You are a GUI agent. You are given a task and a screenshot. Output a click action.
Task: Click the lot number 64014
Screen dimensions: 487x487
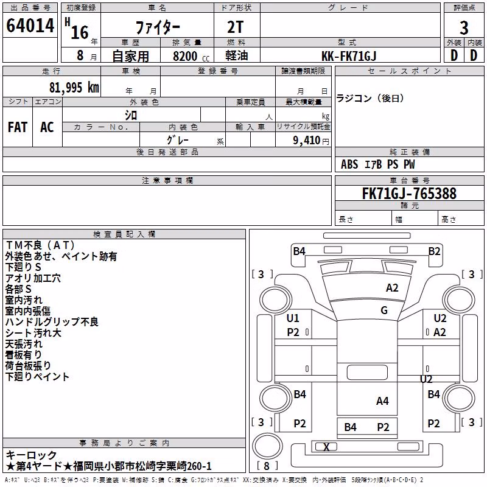[30, 26]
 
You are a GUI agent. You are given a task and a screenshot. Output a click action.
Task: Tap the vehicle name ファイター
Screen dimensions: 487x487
[158, 27]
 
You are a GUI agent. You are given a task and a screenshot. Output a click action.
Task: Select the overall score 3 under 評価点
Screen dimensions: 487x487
[464, 28]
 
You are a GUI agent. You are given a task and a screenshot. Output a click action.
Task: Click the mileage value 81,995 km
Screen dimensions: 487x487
[74, 88]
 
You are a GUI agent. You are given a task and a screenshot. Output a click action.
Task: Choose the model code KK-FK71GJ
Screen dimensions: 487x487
[349, 56]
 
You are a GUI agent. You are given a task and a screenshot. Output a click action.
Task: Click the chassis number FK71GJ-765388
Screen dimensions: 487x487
[409, 193]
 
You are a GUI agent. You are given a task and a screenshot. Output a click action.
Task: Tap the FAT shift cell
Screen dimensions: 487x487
[18, 127]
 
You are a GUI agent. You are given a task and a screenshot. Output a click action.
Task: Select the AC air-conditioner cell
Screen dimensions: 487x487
[47, 127]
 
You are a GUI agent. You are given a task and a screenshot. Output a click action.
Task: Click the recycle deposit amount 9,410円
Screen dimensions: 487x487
[311, 141]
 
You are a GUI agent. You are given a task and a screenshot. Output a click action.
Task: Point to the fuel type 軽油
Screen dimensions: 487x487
[237, 55]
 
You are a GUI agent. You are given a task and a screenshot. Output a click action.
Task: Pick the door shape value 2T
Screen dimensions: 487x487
[236, 27]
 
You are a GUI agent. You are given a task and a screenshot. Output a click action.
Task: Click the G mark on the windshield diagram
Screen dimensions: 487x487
[384, 310]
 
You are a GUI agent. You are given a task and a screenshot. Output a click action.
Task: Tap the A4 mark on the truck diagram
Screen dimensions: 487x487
[382, 401]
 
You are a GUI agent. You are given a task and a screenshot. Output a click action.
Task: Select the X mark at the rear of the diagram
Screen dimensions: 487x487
[326, 447]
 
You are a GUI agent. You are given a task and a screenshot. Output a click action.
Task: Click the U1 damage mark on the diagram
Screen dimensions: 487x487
[293, 318]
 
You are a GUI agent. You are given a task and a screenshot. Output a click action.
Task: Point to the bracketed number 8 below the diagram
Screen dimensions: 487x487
[267, 466]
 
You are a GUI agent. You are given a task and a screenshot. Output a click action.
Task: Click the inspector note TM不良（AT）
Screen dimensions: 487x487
[40, 245]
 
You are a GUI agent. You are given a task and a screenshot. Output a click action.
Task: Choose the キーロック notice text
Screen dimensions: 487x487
[31, 455]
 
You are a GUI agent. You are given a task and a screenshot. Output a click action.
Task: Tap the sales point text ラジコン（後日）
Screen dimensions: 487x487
[370, 99]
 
